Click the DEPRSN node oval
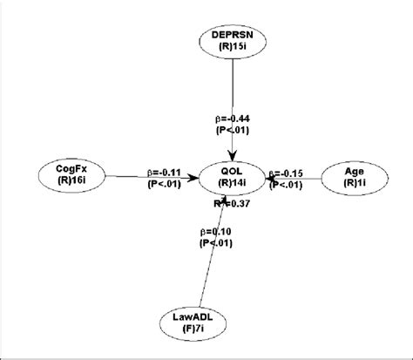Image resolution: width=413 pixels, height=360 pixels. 231,40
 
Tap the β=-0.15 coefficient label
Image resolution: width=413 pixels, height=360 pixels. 288,173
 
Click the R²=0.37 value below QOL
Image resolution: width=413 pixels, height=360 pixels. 234,204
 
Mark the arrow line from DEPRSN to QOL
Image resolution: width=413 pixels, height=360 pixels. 231,96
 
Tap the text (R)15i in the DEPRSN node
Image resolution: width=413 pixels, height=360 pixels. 231,47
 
